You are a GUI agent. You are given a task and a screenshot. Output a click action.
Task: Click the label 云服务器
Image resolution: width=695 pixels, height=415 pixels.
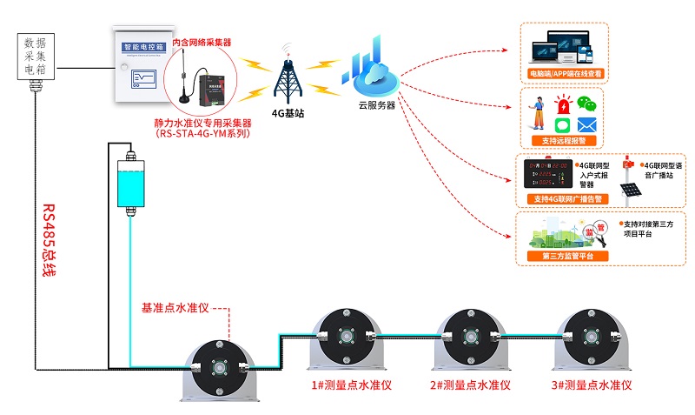[x=376, y=105]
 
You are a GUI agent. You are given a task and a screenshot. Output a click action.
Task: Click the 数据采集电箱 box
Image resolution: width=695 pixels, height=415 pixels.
[x=36, y=56]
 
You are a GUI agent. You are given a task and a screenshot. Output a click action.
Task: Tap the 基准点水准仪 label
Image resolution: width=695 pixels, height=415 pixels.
[x=175, y=308]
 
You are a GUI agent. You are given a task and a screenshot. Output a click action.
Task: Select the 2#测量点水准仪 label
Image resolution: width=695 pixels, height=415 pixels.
[x=469, y=384]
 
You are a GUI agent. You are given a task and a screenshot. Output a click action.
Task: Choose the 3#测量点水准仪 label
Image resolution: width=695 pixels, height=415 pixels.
[x=592, y=384]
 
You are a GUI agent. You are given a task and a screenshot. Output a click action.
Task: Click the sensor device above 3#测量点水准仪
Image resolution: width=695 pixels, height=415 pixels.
[x=592, y=339]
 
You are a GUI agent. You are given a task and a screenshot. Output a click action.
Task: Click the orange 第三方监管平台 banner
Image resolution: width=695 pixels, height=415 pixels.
[x=562, y=256]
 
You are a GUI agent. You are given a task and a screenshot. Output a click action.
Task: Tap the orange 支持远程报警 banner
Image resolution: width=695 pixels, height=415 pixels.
[x=563, y=140]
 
